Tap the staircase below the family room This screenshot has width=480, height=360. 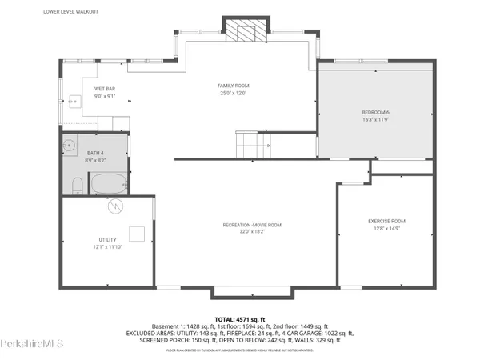click(250, 145)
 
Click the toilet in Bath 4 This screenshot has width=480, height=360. click(75, 186)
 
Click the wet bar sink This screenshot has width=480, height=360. click(73, 101)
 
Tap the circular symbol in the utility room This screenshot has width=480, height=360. click(118, 206)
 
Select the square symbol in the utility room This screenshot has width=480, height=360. click(137, 234)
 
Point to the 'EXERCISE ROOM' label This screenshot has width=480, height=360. click(386, 221)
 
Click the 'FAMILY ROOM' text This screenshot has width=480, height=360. click(234, 86)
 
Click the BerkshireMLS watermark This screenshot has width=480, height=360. click(29, 346)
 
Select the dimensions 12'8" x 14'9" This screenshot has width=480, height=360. click(386, 228)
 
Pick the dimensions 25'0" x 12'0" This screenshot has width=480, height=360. click(234, 93)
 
